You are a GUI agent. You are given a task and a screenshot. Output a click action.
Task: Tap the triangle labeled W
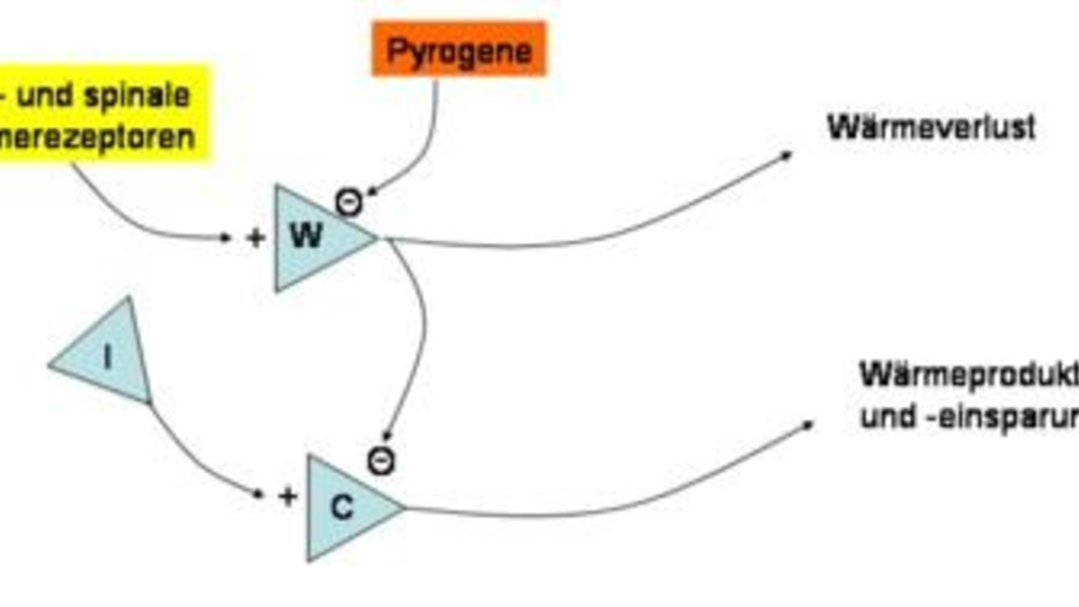click(x=315, y=238)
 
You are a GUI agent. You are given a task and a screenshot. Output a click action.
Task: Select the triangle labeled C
click(x=346, y=508)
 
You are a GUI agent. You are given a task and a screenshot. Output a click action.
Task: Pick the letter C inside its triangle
click(x=342, y=508)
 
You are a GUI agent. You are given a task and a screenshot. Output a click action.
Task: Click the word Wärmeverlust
click(x=931, y=128)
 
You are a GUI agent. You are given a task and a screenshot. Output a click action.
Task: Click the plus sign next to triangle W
click(x=256, y=238)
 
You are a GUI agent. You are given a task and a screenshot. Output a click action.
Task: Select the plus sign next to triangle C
click(x=287, y=496)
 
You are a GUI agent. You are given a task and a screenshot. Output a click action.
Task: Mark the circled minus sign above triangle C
click(x=381, y=461)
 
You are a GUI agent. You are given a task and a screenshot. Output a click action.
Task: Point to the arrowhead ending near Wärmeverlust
click(x=788, y=155)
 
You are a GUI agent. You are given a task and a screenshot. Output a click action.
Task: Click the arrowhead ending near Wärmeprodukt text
click(x=807, y=424)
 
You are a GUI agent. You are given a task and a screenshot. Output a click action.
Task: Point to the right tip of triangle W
click(x=378, y=238)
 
